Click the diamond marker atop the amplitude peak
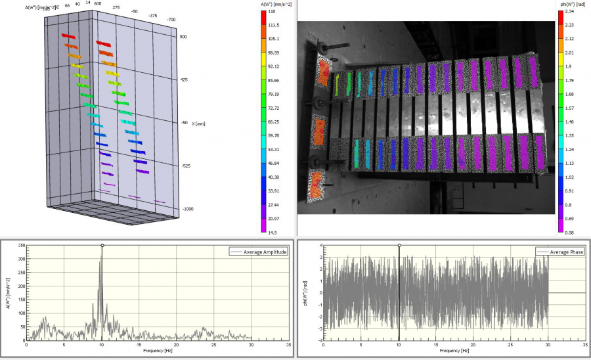pos(102,246)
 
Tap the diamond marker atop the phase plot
pos(399,246)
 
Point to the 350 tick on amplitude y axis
pos(20,246)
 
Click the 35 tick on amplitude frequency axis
pos(288,344)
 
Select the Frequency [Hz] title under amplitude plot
pos(156,351)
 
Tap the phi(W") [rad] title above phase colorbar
pos(573,3)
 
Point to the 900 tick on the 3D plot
pos(185,37)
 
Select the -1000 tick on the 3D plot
pos(188,209)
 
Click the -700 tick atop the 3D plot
pos(171,20)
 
